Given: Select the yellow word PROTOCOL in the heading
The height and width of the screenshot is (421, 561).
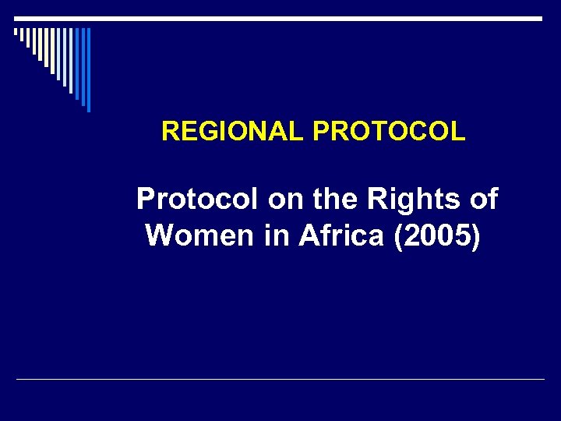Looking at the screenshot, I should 389,132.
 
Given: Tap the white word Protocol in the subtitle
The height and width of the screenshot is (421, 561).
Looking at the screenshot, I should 197,200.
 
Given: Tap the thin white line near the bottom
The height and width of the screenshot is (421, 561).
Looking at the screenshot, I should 280,380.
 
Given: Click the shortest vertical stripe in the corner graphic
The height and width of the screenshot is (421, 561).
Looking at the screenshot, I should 16,33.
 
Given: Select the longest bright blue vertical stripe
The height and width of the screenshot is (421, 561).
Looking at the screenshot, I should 88,69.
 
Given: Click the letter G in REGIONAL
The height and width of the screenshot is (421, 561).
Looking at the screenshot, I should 202,132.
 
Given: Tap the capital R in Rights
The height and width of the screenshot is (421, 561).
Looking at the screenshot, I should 378,200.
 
